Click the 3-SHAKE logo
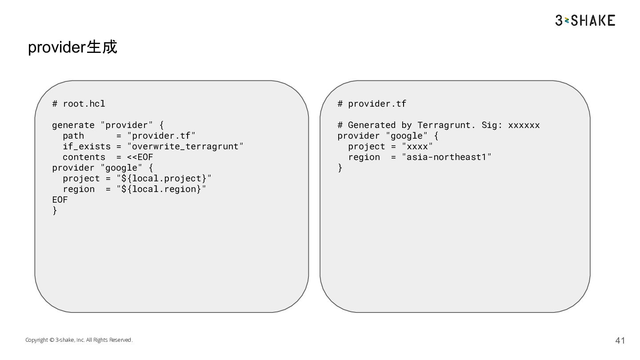(x=585, y=20)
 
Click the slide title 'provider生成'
(x=72, y=47)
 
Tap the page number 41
(x=620, y=340)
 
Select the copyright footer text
(x=79, y=340)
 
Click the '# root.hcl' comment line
(x=79, y=104)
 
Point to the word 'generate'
(x=73, y=125)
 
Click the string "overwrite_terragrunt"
(x=185, y=147)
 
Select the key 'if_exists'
(x=87, y=147)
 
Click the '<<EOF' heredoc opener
(x=140, y=157)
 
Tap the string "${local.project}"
(x=164, y=179)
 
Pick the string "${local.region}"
(x=161, y=189)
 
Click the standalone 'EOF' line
(x=60, y=200)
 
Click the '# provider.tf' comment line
(x=372, y=104)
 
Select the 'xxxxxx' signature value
(x=524, y=125)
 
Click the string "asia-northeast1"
(x=447, y=157)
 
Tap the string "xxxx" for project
(x=417, y=147)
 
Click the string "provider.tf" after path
(x=161, y=136)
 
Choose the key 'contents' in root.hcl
(x=84, y=157)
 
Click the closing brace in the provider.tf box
(x=340, y=168)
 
